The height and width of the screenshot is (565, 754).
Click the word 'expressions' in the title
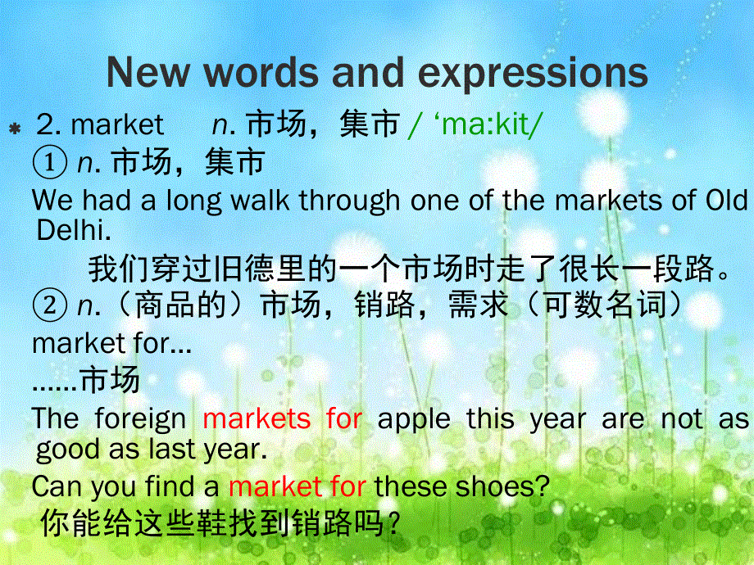[533, 73]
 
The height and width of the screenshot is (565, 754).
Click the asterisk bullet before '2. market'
[15, 129]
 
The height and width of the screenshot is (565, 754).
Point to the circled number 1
[49, 162]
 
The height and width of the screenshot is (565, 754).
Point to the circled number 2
[49, 305]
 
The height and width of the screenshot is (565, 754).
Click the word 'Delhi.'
[74, 231]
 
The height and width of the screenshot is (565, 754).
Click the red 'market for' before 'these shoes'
[298, 486]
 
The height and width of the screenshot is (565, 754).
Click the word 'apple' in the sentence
[414, 419]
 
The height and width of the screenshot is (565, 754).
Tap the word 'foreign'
[140, 419]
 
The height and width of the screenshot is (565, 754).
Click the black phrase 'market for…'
[112, 344]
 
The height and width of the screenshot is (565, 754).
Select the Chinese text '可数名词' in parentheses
[605, 305]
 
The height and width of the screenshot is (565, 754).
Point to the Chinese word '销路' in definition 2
[384, 305]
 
